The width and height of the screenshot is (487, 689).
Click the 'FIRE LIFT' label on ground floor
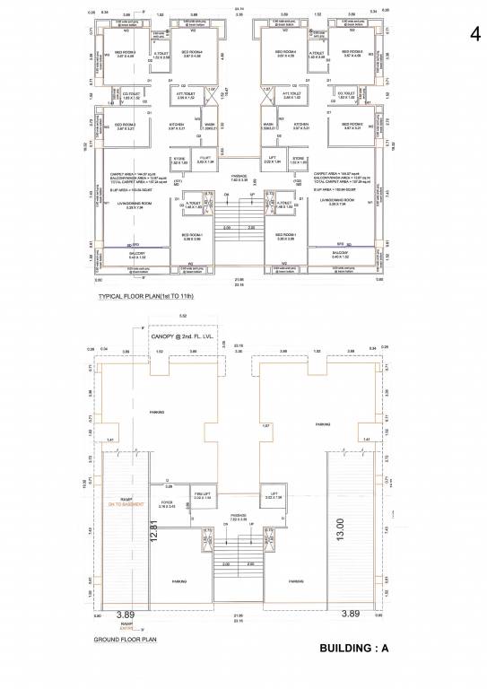[x=202, y=493]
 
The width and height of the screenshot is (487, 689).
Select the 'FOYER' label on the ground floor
[x=167, y=501]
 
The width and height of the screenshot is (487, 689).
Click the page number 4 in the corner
[x=474, y=33]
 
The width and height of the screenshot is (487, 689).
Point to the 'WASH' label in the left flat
[x=209, y=124]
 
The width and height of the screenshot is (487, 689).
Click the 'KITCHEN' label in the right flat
[x=301, y=124]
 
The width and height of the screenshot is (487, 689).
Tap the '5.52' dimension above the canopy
[x=182, y=316]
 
